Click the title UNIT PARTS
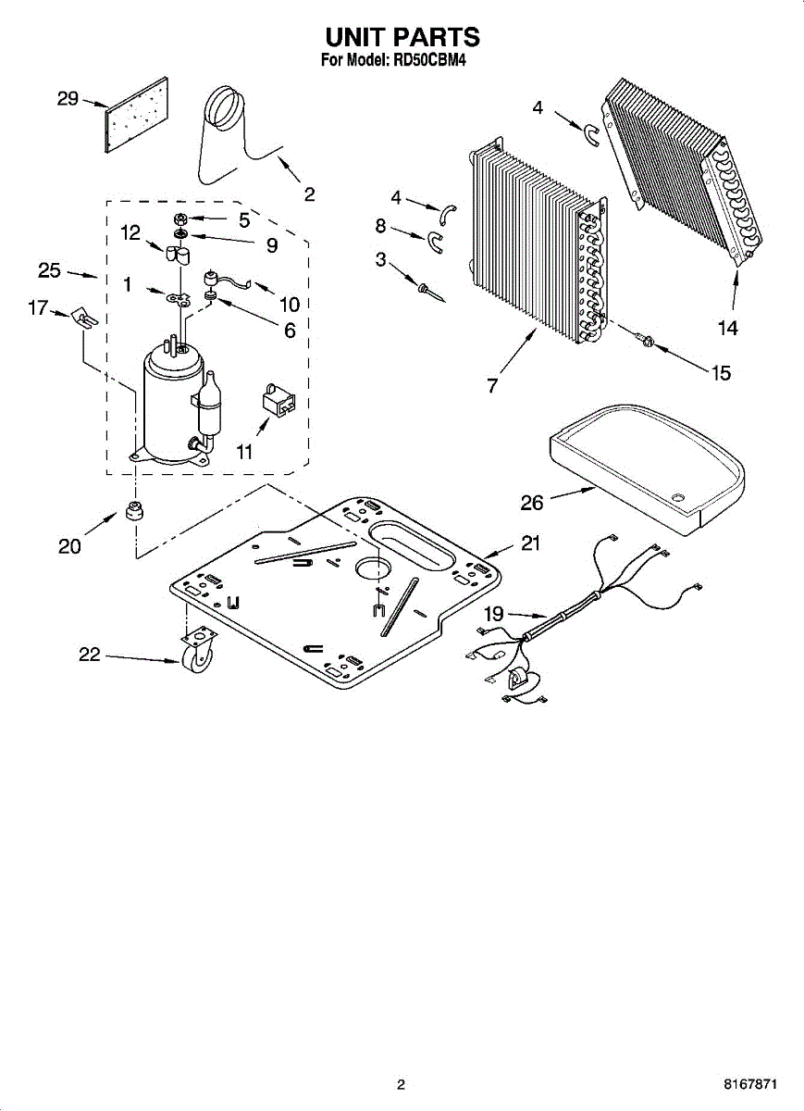click(x=402, y=37)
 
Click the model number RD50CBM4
click(x=439, y=62)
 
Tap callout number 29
click(x=68, y=98)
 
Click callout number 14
click(x=727, y=327)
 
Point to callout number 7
click(x=493, y=385)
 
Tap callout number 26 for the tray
click(x=531, y=503)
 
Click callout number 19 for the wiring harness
click(x=494, y=613)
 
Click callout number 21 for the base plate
click(x=529, y=543)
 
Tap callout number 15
click(x=720, y=372)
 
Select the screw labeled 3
click(x=429, y=293)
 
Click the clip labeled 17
click(x=83, y=318)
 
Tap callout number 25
click(x=49, y=270)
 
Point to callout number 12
click(x=130, y=233)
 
